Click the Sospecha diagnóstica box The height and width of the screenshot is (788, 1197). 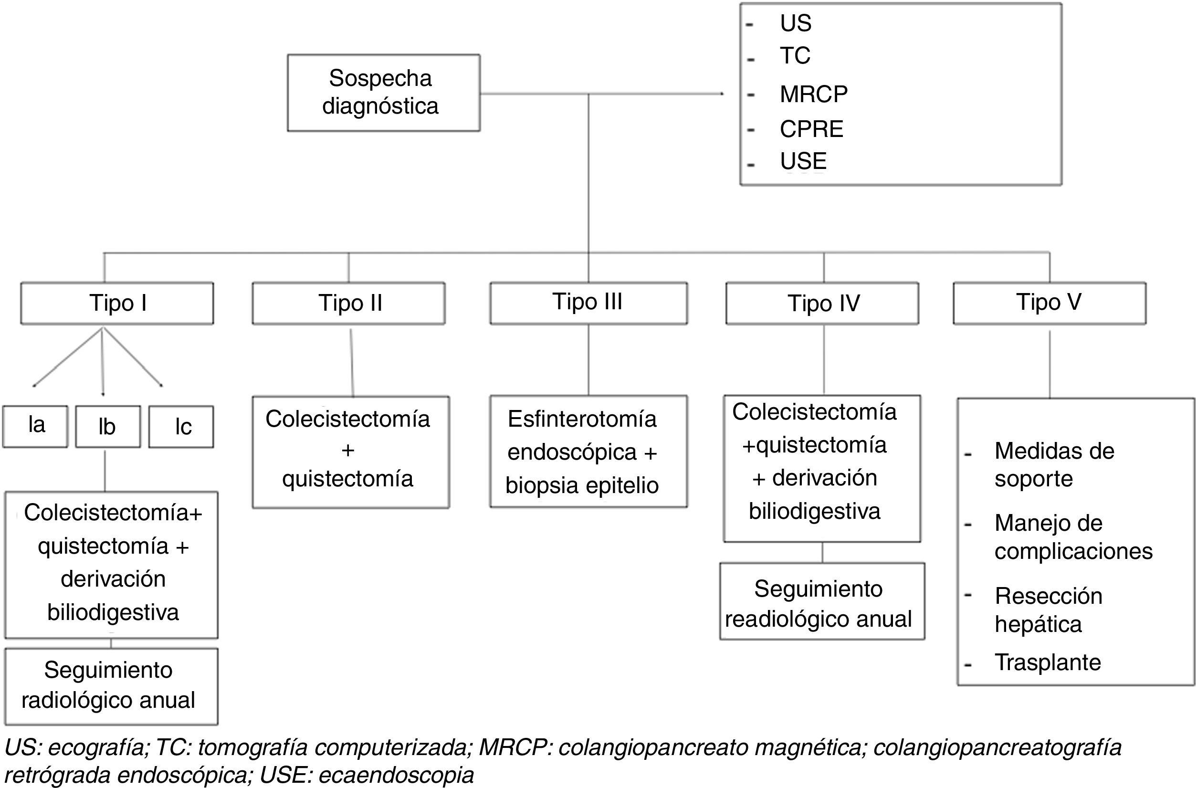click(383, 93)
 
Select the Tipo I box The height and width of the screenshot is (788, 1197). click(117, 303)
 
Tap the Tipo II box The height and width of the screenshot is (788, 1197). click(348, 303)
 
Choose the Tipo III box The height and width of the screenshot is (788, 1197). click(588, 303)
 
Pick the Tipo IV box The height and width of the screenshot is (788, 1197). click(822, 303)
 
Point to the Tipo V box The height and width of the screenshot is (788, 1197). click(1049, 303)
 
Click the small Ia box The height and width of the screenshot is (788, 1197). click(35, 426)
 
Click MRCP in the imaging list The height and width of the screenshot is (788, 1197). click(813, 94)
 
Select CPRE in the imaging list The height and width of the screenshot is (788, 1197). click(811, 129)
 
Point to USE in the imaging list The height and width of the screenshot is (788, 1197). click(803, 161)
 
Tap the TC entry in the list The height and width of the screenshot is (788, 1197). click(795, 55)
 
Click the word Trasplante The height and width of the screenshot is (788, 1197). click(1047, 662)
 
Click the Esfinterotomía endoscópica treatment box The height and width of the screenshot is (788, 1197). click(588, 452)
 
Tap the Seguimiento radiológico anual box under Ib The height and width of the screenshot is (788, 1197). click(111, 686)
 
